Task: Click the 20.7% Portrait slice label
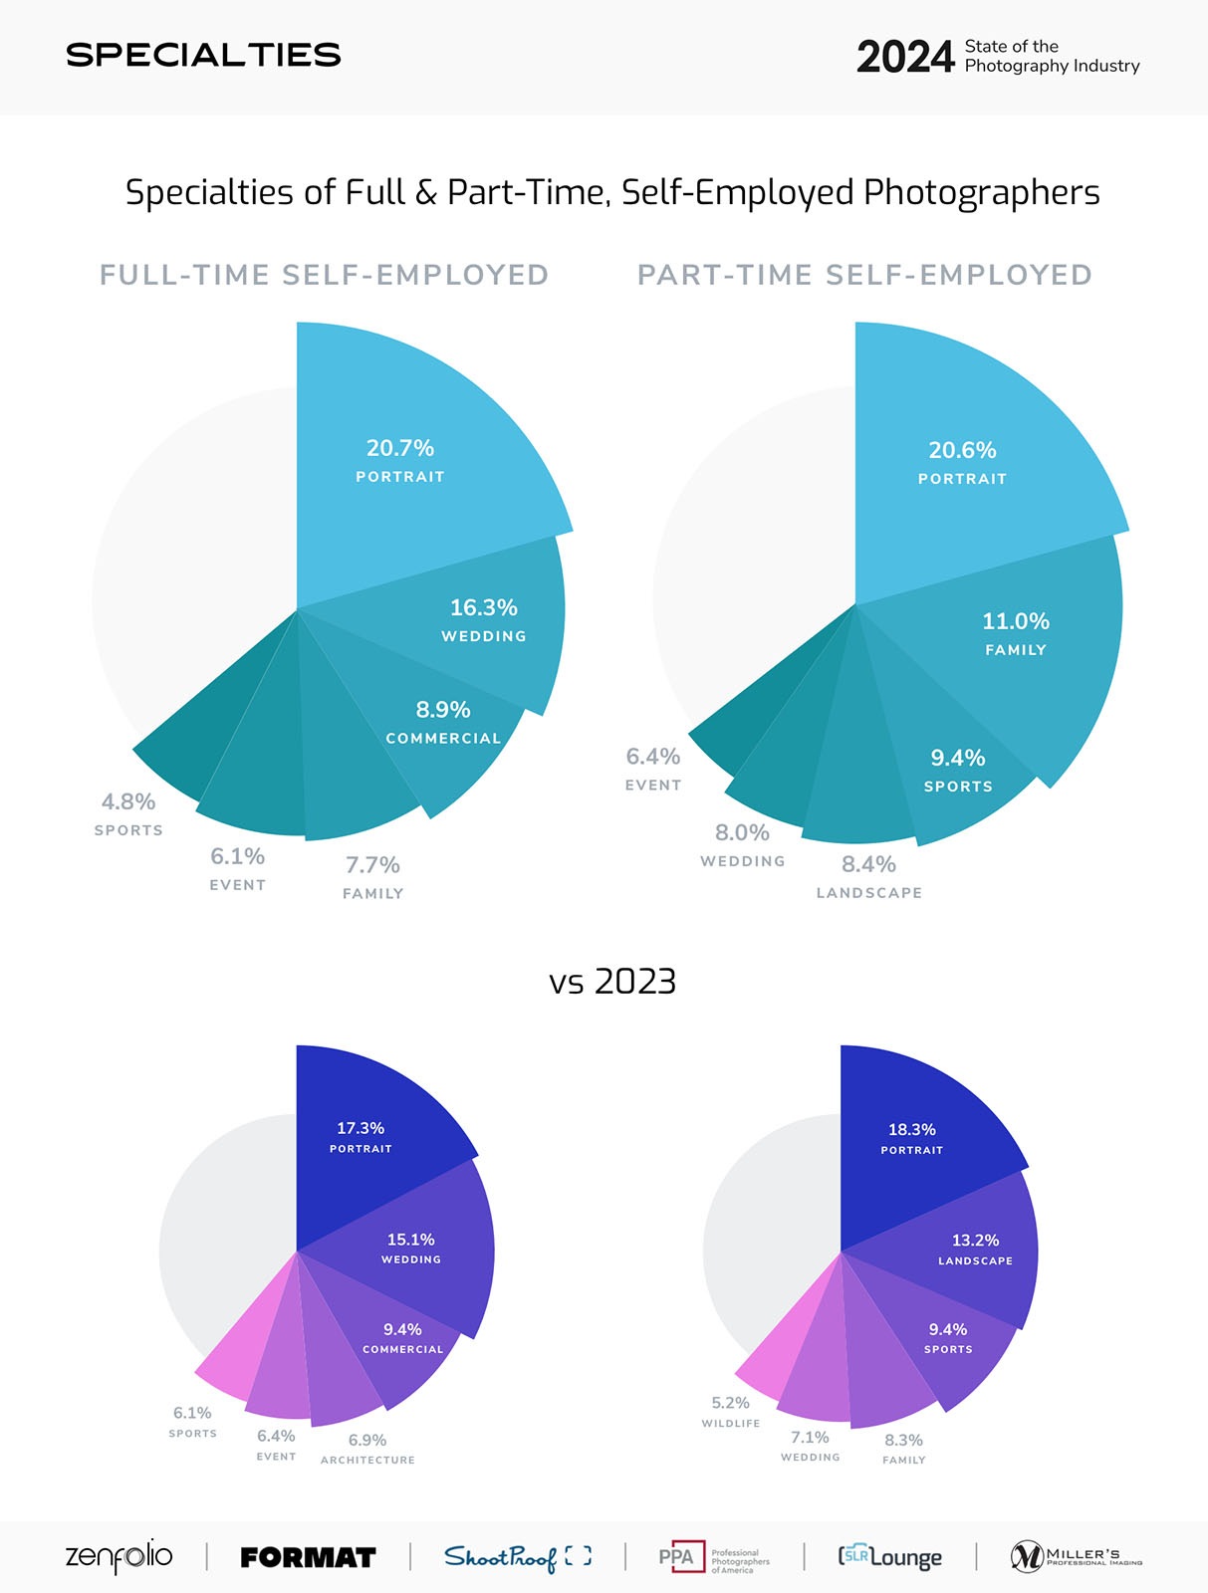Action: tap(399, 460)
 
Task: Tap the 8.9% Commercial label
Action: tap(443, 722)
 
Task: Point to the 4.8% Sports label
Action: tap(128, 813)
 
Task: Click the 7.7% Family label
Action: tap(372, 877)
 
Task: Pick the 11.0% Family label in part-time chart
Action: tap(1015, 633)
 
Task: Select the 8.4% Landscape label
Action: tap(868, 876)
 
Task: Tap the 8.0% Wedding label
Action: tap(742, 844)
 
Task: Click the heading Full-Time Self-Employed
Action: tap(324, 275)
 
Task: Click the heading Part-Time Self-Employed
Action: tap(864, 275)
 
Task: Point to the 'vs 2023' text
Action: tap(612, 982)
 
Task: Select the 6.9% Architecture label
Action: tap(367, 1449)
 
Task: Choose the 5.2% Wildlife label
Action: tap(730, 1412)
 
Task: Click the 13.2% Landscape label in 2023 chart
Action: tap(975, 1249)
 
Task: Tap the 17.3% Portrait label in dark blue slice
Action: tap(361, 1137)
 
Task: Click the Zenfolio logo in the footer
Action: tap(119, 1556)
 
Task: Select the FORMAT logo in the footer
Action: tap(308, 1557)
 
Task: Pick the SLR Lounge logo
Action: tap(889, 1556)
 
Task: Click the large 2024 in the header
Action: tap(904, 57)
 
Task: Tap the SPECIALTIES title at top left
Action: tap(203, 55)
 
